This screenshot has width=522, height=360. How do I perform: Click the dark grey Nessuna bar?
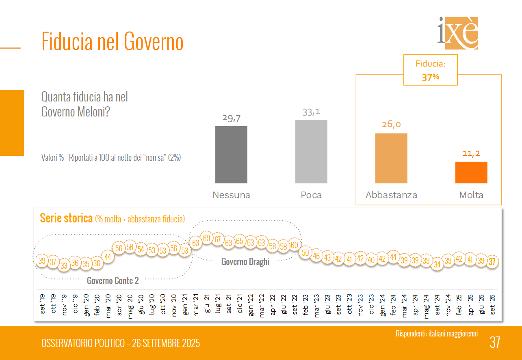[231, 155]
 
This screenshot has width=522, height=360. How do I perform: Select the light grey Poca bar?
[311, 151]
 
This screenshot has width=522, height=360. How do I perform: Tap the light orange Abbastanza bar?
[391, 158]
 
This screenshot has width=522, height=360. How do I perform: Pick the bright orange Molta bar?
[471, 172]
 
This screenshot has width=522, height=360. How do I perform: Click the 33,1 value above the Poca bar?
[312, 112]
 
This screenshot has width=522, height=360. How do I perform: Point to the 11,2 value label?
[471, 153]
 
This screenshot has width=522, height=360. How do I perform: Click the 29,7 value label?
[232, 118]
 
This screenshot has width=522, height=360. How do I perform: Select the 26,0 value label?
[391, 125]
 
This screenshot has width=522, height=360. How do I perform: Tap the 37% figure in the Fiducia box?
[430, 77]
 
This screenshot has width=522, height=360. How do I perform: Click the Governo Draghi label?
[245, 262]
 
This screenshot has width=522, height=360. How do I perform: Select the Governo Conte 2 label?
[113, 281]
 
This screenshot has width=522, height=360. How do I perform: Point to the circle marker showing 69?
[207, 238]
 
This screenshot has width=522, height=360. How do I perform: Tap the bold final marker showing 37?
[492, 262]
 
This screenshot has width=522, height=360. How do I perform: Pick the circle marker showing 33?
[64, 266]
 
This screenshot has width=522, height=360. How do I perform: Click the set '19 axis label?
[42, 303]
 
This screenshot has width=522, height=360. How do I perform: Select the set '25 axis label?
[492, 304]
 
